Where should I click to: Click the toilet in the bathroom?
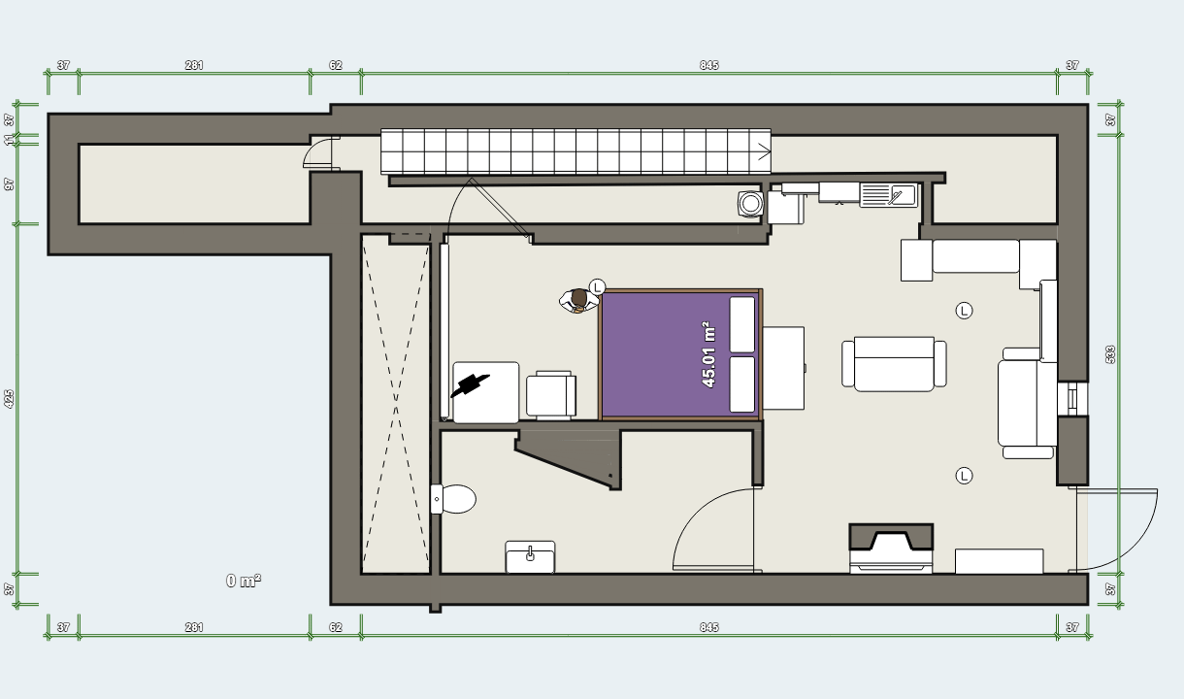453,499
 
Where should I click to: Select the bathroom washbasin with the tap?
530,556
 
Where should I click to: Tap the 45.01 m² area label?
708,354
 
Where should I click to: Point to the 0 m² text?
244,581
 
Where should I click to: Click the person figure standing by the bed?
578,301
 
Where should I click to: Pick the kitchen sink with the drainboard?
889,194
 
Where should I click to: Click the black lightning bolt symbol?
470,384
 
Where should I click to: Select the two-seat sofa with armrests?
894,364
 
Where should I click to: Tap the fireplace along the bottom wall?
891,549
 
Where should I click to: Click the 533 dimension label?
1110,354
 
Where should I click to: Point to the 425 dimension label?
9,399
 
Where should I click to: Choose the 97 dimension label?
9,184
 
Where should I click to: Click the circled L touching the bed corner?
597,287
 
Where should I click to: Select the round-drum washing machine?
750,204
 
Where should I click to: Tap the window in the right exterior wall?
1072,398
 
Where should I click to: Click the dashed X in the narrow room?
395,404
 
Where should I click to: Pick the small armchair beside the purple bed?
551,395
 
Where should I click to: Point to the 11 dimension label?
9,140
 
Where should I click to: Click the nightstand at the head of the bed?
783,368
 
